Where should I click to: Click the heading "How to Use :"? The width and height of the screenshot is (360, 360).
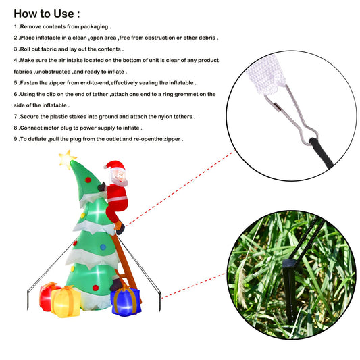pos(47,14)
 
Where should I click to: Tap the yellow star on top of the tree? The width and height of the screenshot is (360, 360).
pos(67,159)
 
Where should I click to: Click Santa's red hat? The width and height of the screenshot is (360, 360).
pos(115,165)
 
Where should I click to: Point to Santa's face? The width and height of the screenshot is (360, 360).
pos(119,176)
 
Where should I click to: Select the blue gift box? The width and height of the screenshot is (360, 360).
pos(126,301)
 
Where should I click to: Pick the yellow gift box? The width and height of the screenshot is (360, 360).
pos(66,302)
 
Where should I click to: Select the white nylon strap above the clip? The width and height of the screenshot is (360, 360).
pos(266,74)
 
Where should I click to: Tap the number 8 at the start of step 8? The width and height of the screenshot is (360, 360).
pos(16,128)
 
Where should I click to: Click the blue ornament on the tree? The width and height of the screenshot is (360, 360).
pos(103,247)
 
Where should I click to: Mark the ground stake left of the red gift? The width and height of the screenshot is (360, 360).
pos(28,300)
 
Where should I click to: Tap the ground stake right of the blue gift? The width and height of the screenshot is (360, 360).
pos(160,302)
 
